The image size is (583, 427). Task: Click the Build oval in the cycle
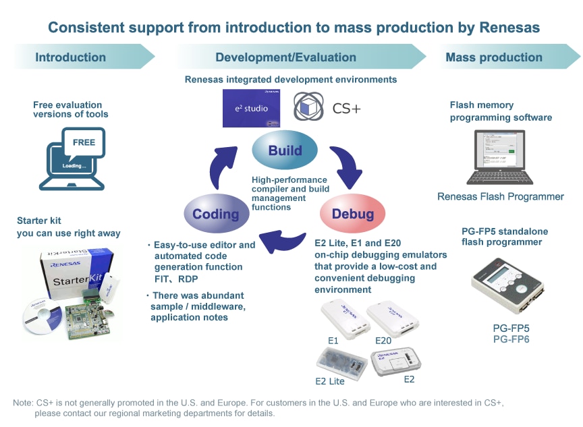285,150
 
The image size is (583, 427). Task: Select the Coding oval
216,214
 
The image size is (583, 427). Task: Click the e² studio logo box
251,108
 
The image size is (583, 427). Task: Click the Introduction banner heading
71,57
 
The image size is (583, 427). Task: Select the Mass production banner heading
494,57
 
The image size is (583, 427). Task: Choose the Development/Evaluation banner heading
285,57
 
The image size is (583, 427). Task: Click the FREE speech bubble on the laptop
84,142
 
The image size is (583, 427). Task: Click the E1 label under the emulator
333,341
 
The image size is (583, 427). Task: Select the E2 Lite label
330,381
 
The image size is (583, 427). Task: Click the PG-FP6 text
511,339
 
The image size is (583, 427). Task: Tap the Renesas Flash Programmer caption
500,197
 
